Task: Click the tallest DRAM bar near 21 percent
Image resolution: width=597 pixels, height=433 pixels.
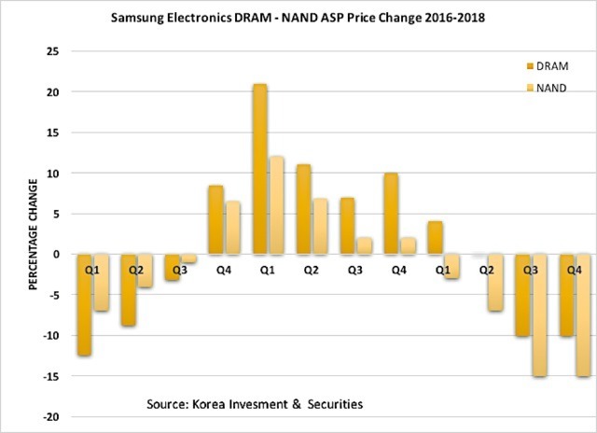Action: coord(259,169)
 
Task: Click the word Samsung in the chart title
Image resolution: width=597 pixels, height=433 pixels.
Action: coord(138,18)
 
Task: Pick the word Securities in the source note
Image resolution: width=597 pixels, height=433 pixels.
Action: coord(330,404)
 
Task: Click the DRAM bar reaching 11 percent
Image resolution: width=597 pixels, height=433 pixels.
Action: coord(303,209)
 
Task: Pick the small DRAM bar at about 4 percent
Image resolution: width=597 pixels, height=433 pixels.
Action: coord(435,237)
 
